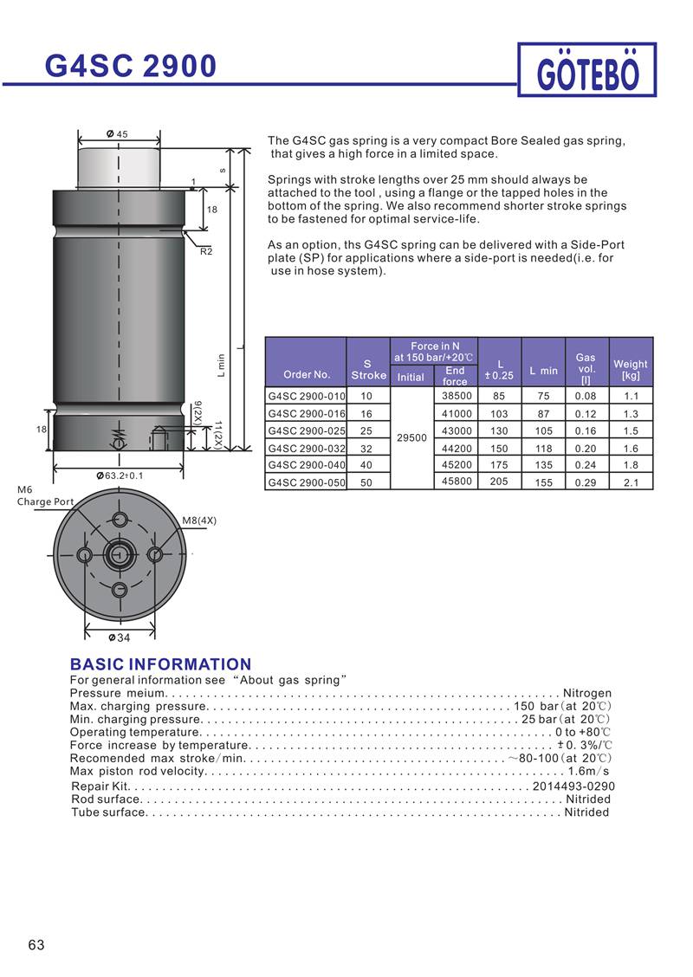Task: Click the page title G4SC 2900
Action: [x=131, y=66]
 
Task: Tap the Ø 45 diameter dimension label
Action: [x=117, y=134]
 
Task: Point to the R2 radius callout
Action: [x=206, y=251]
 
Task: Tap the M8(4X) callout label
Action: [x=199, y=521]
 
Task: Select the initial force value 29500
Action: [x=411, y=438]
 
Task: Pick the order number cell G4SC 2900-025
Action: [x=306, y=430]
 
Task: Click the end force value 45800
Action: [x=457, y=482]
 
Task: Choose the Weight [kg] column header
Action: [x=630, y=370]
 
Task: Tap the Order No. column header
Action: [x=307, y=375]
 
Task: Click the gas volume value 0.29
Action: [x=586, y=482]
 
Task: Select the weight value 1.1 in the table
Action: [x=631, y=396]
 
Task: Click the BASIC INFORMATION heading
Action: [x=160, y=664]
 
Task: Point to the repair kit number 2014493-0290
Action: [x=573, y=786]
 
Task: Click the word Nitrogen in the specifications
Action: [x=587, y=693]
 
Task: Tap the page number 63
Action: [x=36, y=945]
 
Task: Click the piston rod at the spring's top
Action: [x=120, y=165]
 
